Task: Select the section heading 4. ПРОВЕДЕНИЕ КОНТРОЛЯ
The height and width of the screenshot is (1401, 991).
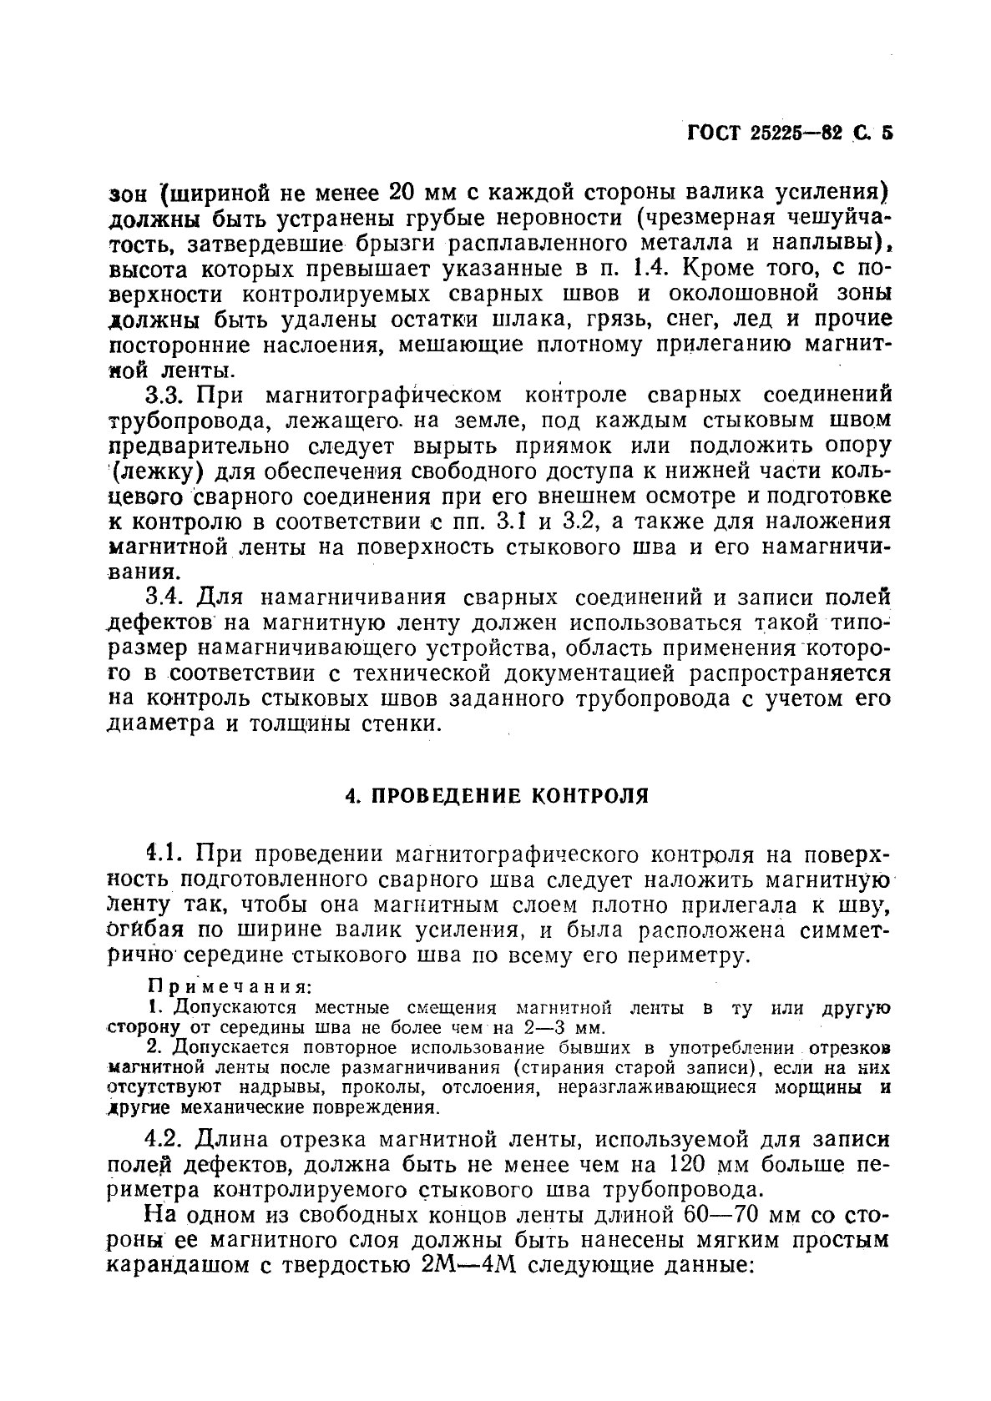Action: tap(497, 794)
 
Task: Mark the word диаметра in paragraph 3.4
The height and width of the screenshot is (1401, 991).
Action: tap(159, 723)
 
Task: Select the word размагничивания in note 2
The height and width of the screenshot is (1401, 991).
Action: tap(427, 1067)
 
